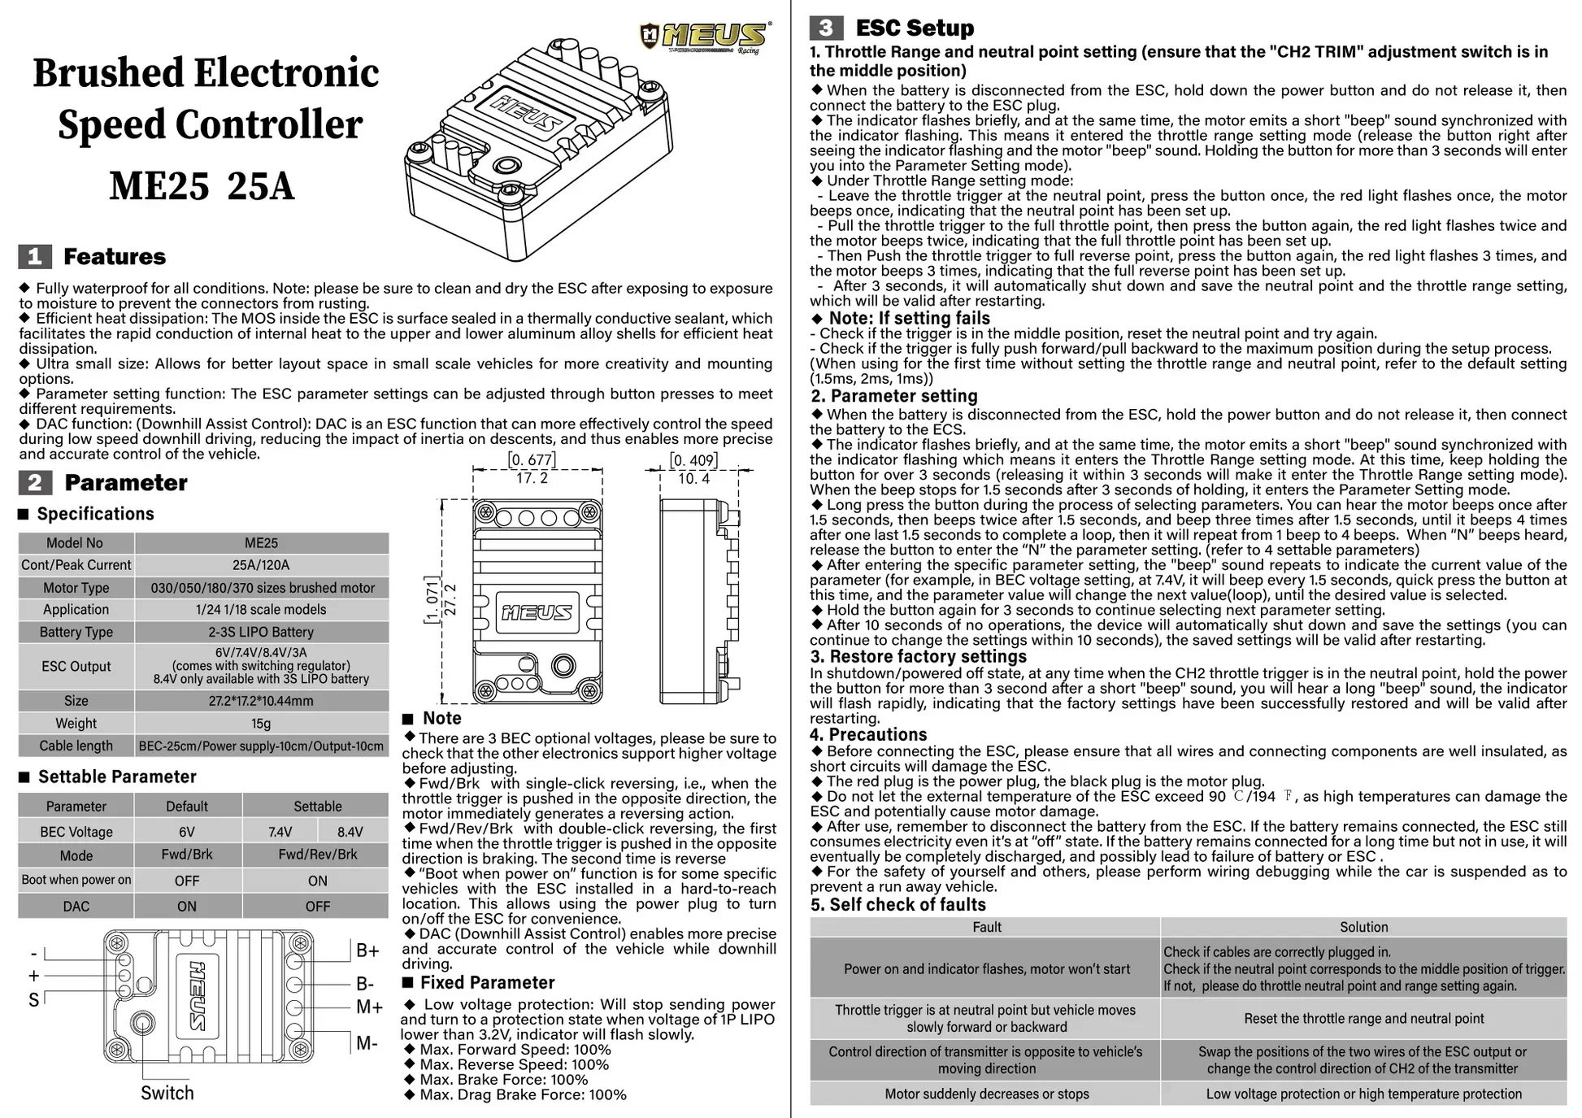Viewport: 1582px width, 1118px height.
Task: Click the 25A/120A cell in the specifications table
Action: [x=261, y=565]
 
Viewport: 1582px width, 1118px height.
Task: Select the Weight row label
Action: [x=76, y=724]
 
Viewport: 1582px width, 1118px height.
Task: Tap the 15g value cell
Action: [x=261, y=724]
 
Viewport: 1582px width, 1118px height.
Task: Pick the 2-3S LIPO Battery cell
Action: [x=261, y=632]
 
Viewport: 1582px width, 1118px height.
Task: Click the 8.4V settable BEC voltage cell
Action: [x=350, y=832]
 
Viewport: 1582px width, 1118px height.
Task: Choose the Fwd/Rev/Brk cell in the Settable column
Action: [x=318, y=855]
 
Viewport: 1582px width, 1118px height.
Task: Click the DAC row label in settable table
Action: [x=76, y=906]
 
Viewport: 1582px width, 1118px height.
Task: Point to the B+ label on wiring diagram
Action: [x=368, y=951]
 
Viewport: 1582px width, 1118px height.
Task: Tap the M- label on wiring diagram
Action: [x=367, y=1043]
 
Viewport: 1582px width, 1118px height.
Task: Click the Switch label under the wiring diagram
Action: [x=167, y=1093]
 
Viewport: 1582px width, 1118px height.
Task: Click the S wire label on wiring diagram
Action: [x=33, y=1000]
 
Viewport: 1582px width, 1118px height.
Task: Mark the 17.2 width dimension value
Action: [x=532, y=478]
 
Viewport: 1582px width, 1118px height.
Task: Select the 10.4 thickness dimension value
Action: [x=694, y=478]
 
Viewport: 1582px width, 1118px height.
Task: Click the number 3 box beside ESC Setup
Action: [x=826, y=28]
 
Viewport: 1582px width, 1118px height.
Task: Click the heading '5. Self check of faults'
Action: [x=897, y=904]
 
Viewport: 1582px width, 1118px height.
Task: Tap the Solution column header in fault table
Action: [x=1364, y=927]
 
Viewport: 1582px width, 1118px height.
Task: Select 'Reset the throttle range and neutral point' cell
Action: [x=1364, y=1019]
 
